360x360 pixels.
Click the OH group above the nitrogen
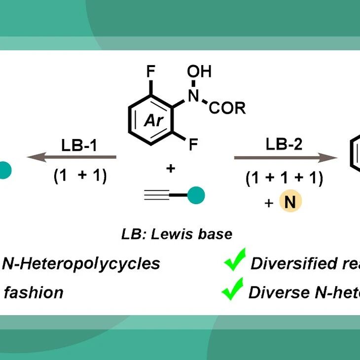(199, 71)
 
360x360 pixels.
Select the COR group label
(227, 108)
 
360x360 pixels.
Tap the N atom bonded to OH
(193, 95)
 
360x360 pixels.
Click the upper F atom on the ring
(151, 71)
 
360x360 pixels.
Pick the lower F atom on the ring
(193, 144)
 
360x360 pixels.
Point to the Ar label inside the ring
(153, 120)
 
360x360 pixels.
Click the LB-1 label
(79, 145)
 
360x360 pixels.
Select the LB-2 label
(284, 144)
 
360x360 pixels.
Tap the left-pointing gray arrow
(72, 157)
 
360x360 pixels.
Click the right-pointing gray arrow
(286, 158)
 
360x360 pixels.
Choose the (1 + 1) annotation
(80, 176)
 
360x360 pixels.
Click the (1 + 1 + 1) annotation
(284, 178)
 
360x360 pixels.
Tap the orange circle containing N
(290, 201)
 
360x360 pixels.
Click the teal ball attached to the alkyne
(196, 195)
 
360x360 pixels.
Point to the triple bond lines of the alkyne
(157, 195)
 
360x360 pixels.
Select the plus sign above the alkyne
(171, 169)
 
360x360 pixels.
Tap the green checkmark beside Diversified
(235, 259)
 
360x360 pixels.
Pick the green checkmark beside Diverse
(232, 289)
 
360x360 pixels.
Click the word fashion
(34, 292)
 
